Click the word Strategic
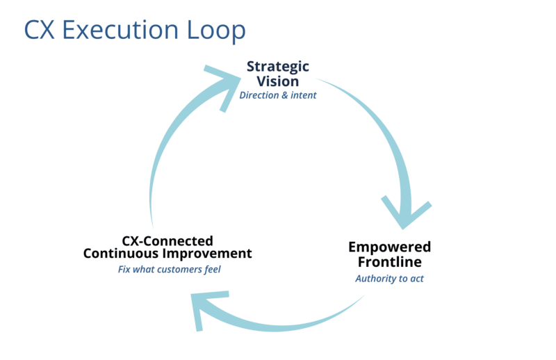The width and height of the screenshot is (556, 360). pos(278,67)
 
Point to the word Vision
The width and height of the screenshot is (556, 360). pos(278,81)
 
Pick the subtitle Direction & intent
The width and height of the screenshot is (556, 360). pos(278,95)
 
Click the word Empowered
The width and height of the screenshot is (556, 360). pos(389,247)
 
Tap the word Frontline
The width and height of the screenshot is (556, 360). pos(389,261)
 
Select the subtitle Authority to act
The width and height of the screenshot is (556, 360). pos(389,279)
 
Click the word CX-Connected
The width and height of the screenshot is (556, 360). pos(167,240)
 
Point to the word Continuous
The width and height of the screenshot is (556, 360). pos(120,254)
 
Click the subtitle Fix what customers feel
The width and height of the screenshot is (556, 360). pos(169,269)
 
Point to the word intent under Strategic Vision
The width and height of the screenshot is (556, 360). pos(304,95)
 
